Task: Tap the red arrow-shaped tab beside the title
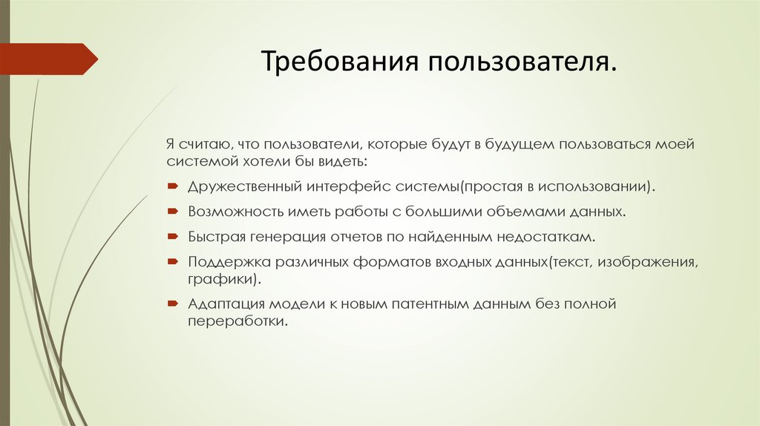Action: (49, 59)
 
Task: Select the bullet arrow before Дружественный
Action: (171, 186)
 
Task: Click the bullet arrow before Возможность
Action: (171, 212)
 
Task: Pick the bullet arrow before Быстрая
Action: (171, 237)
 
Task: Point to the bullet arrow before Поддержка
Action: (171, 263)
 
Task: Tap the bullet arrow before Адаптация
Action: (171, 304)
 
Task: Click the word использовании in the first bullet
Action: (600, 186)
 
